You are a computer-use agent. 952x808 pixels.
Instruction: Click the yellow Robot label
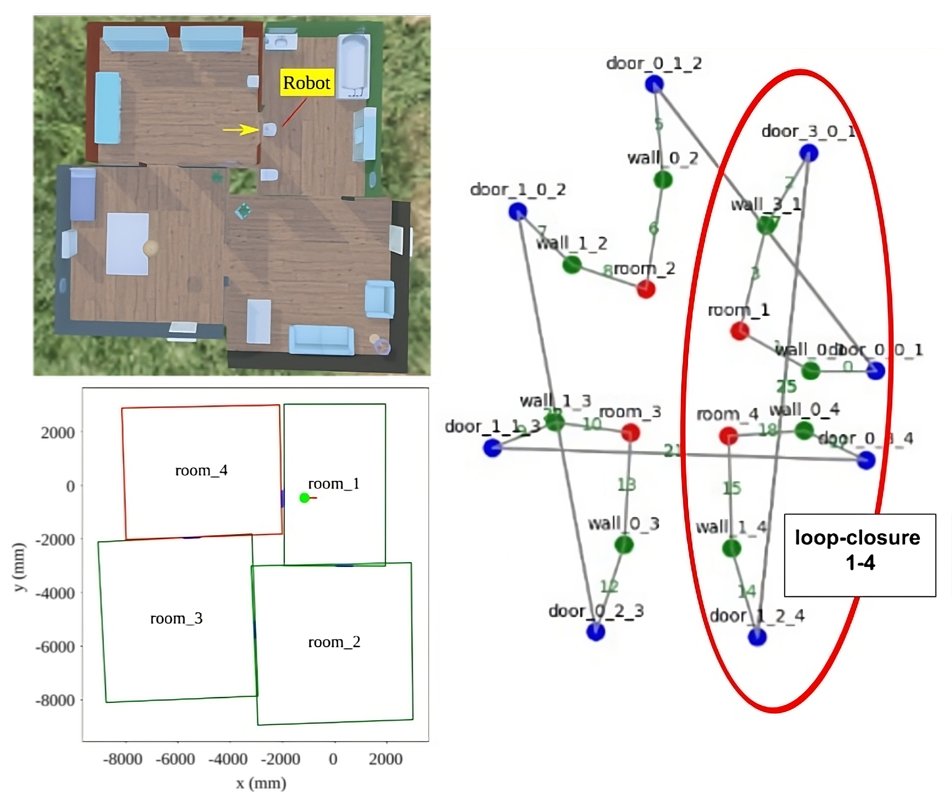coord(307,83)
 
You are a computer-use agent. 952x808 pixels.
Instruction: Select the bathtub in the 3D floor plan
coord(353,67)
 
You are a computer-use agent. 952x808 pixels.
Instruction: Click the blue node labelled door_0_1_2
coord(654,85)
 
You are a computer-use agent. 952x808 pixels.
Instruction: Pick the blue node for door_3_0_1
coord(809,153)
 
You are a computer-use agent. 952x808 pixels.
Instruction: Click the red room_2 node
coord(645,289)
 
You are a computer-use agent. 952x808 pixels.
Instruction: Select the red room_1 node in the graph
coord(739,331)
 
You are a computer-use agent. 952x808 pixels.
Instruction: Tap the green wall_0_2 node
coord(663,180)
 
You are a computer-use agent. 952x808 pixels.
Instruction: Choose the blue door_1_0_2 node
coord(518,212)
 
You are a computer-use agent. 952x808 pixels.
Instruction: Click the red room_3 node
coord(631,433)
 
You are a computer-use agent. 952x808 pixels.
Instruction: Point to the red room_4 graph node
coord(728,436)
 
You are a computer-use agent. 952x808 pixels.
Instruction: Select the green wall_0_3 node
coord(624,545)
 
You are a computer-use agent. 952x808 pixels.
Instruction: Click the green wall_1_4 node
coord(731,548)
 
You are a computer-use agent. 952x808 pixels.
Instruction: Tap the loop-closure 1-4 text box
coord(860,555)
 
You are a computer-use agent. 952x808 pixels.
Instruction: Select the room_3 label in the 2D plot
coord(176,619)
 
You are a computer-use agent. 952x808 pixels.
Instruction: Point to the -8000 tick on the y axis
coord(55,700)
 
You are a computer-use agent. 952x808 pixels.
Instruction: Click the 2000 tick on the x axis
coord(386,760)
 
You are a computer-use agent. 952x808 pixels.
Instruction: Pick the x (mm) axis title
coord(261,784)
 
